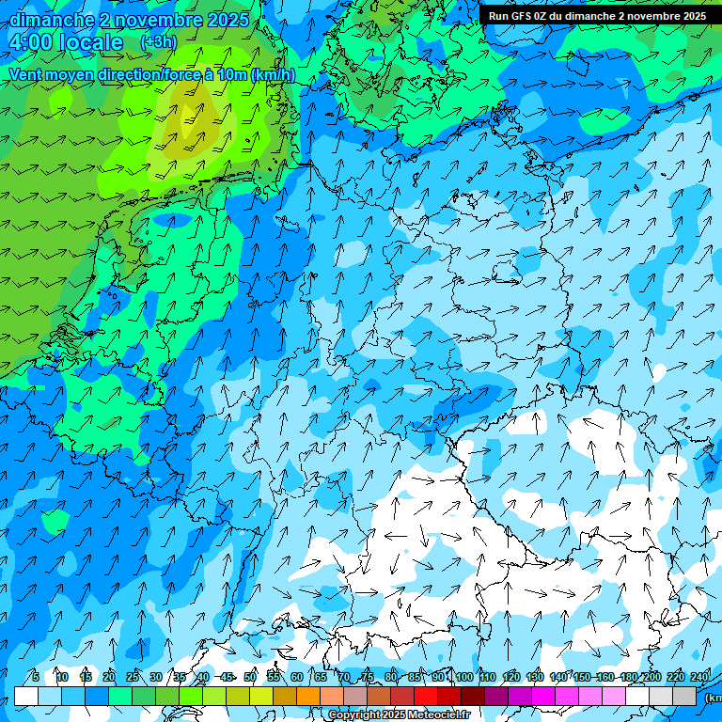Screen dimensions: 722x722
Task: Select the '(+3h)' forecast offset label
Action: pos(157,42)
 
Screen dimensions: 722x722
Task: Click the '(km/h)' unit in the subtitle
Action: pos(274,75)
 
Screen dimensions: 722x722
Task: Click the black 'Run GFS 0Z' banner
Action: pos(596,15)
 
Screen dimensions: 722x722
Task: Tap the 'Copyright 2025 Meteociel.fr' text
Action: pos(399,715)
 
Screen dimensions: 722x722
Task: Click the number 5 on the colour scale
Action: pos(35,677)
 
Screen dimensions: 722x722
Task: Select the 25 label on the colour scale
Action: pos(133,677)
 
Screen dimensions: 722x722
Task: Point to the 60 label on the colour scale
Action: pos(297,677)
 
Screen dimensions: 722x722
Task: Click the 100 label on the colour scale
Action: pos(464,677)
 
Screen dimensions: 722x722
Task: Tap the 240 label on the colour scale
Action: pos(699,677)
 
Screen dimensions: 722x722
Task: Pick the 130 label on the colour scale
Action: pos(535,677)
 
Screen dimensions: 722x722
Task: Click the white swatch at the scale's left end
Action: pos(26,696)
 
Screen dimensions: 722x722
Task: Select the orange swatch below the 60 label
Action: pos(308,696)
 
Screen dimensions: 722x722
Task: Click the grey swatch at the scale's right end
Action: pos(684,696)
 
